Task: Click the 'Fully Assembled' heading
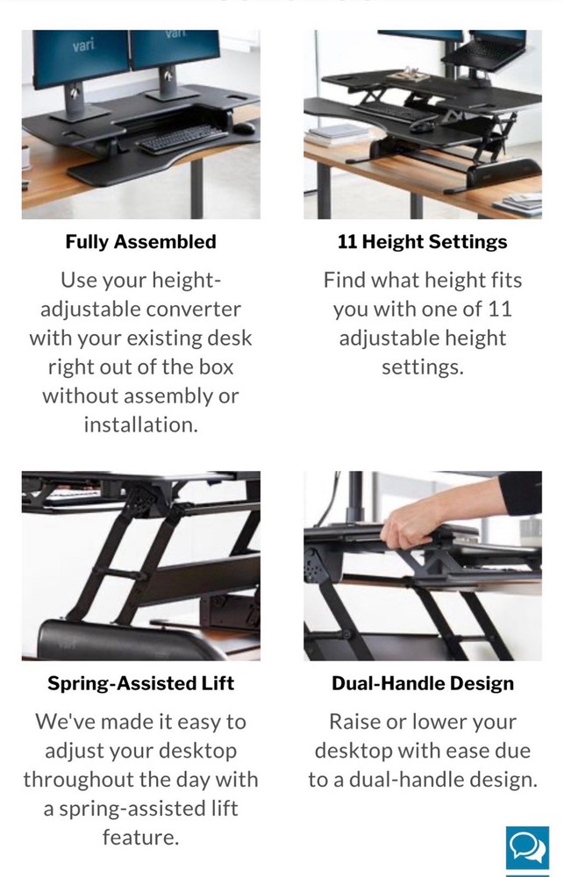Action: pos(140,241)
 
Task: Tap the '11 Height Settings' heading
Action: pos(422,241)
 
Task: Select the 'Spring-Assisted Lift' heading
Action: pos(140,683)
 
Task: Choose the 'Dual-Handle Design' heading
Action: pos(422,683)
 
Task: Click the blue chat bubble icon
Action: pos(526,847)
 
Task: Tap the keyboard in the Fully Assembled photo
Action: pos(175,140)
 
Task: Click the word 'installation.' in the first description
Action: pos(140,424)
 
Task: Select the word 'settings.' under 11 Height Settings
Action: pos(422,367)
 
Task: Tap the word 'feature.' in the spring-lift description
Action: pos(140,838)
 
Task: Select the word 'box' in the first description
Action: pos(214,367)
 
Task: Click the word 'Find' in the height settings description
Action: pos(343,281)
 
